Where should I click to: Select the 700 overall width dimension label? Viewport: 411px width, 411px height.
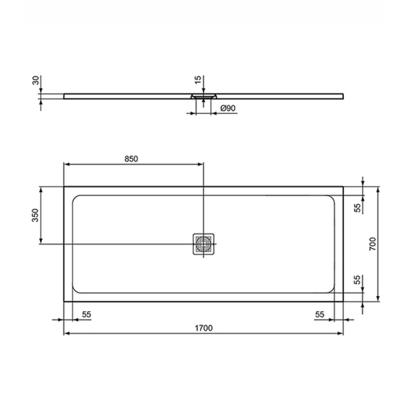tap(373, 243)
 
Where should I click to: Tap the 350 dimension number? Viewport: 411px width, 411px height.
tap(35, 216)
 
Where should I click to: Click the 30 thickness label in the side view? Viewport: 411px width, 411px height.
tap(36, 81)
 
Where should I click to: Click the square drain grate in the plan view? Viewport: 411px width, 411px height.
tap(204, 243)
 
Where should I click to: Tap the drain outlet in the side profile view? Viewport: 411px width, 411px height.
tap(204, 96)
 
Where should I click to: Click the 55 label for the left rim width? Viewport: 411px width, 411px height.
tap(87, 314)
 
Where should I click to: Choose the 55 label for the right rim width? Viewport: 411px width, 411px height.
tap(320, 314)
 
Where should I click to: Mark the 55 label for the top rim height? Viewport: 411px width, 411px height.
tap(357, 207)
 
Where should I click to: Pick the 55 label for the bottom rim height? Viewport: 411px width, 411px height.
tap(357, 279)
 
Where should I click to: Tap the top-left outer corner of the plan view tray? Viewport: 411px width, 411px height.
tap(64, 187)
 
